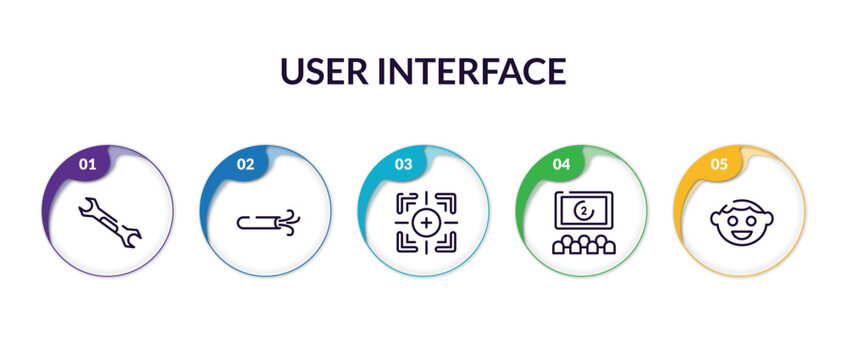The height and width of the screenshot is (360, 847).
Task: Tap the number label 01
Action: coord(87,164)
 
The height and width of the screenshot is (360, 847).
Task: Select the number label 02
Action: coord(245,164)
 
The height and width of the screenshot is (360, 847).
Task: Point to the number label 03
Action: coord(403,164)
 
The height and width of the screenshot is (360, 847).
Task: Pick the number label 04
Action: coord(561,164)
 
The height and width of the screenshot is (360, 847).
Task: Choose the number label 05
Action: coord(719,164)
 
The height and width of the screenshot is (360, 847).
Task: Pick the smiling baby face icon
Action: coord(741,220)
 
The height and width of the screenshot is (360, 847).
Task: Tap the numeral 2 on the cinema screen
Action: coord(584,211)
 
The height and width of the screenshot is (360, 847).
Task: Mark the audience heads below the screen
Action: coord(584,245)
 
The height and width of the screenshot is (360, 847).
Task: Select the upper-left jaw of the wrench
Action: coord(87,208)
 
